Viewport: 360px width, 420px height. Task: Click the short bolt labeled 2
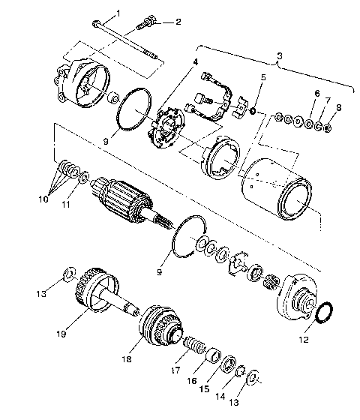point(147,28)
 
